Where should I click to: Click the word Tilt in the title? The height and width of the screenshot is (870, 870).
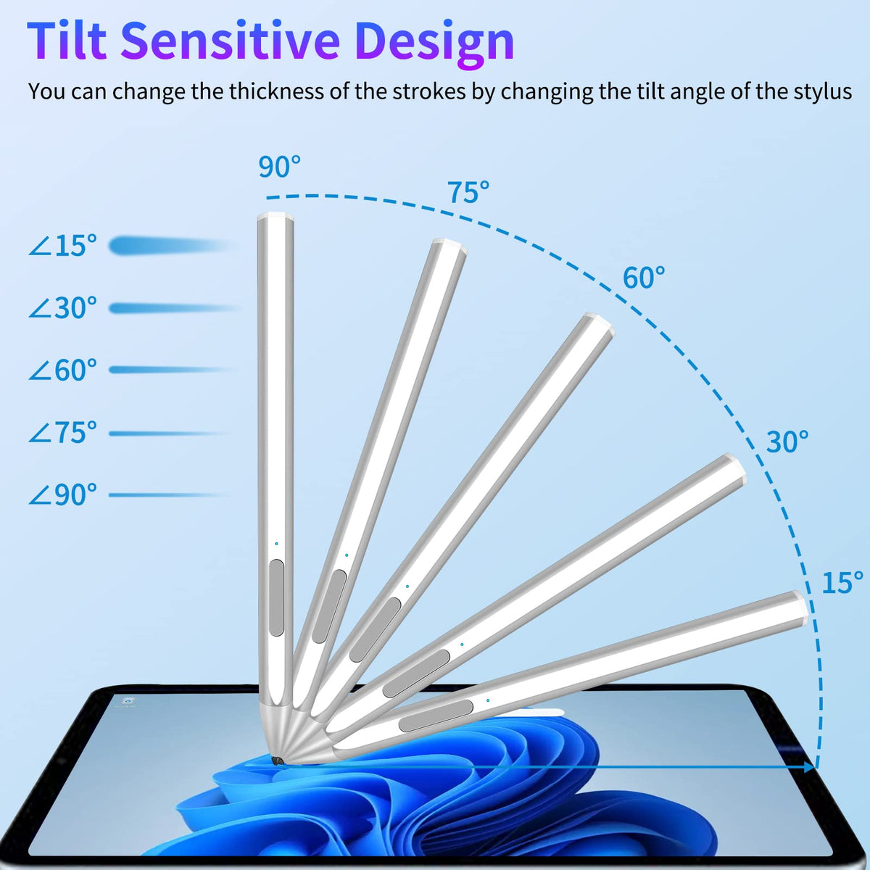click(67, 40)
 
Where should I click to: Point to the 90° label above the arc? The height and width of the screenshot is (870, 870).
click(279, 167)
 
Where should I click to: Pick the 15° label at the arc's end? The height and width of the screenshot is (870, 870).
click(842, 582)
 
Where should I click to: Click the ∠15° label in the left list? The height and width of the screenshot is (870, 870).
click(63, 246)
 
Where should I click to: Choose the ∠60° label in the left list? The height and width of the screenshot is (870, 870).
click(63, 370)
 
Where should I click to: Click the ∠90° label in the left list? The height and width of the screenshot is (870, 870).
click(63, 495)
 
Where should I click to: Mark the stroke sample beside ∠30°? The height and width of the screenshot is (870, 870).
click(174, 308)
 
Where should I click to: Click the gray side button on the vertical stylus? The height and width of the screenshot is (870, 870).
click(275, 597)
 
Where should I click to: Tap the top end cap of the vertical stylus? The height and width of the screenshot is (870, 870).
click(275, 217)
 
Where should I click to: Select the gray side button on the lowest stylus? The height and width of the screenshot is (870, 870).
click(436, 716)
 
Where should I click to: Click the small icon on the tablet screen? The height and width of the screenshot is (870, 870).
click(128, 700)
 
